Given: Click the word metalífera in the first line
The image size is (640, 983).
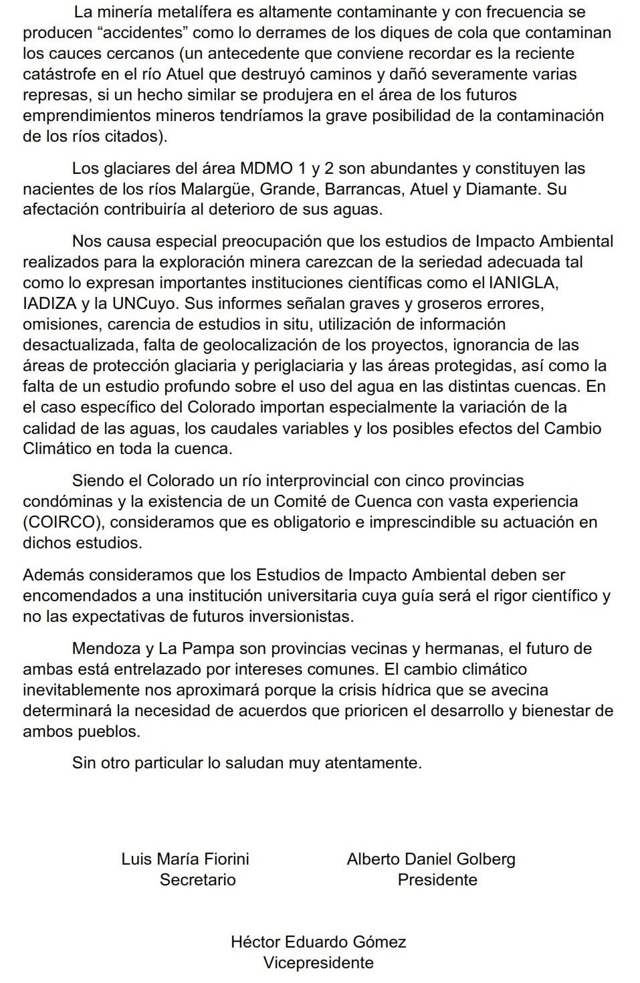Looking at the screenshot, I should [185, 11].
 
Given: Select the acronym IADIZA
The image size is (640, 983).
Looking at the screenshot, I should [49, 303].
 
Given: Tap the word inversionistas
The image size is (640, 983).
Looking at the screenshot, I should [306, 616].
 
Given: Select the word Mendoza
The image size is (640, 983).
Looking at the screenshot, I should [104, 648].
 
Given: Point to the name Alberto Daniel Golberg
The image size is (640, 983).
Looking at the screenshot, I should [431, 859].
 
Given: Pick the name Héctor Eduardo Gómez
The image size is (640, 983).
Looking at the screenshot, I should [318, 942].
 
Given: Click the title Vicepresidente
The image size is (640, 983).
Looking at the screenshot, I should [318, 962].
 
